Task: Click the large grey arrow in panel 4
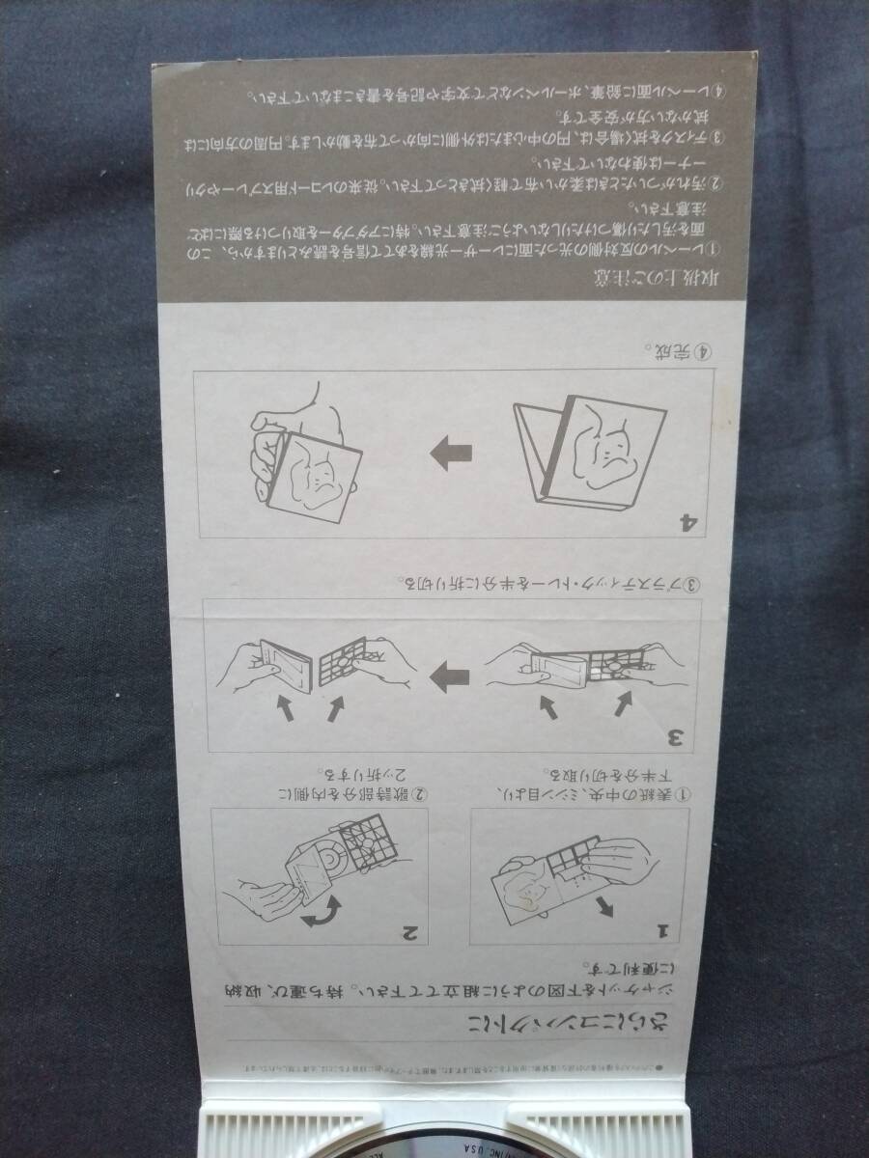451,453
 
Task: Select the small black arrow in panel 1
604,904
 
